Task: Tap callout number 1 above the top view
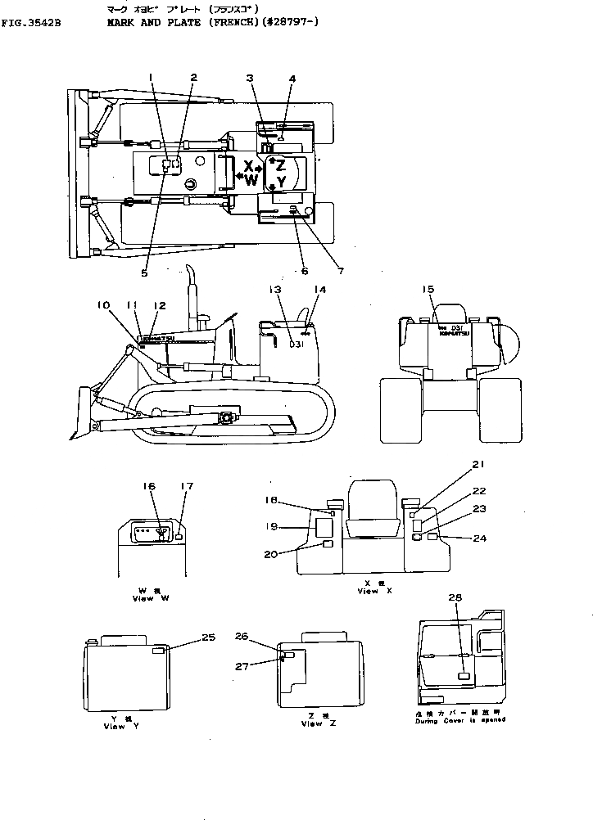pos(151,77)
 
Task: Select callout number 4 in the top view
pos(292,79)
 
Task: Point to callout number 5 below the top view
pos(144,273)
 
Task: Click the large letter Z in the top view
pos(281,166)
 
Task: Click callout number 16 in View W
pos(149,486)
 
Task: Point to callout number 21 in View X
pos(478,465)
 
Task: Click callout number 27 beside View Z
pos(241,666)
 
